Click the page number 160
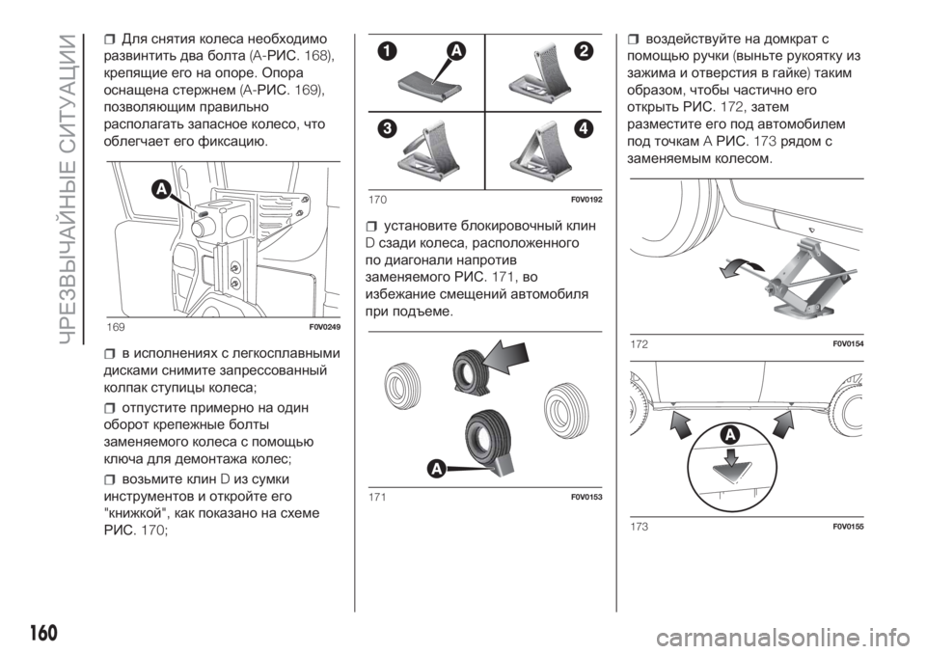[43, 632]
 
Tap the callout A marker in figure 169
[160, 189]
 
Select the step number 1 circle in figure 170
[388, 53]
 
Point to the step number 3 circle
[387, 129]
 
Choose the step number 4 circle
[585, 128]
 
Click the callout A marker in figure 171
[436, 469]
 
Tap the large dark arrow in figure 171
[505, 358]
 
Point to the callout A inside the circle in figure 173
[730, 435]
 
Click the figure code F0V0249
[324, 327]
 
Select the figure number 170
[377, 200]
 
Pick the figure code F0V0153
[586, 497]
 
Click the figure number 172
[639, 344]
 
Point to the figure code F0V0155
[848, 527]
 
